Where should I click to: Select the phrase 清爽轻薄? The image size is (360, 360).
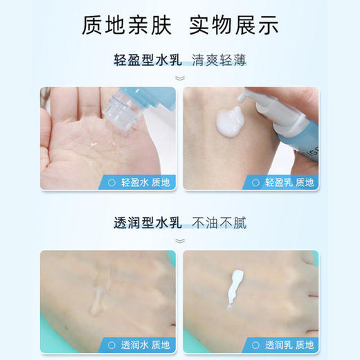click(219, 60)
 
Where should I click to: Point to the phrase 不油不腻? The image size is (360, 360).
click(219, 223)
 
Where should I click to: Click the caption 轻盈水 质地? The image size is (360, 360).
click(145, 182)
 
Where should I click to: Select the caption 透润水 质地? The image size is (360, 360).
click(145, 344)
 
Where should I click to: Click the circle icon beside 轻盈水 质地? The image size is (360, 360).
click(110, 182)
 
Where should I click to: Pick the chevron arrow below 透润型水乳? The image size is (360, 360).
click(179, 241)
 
